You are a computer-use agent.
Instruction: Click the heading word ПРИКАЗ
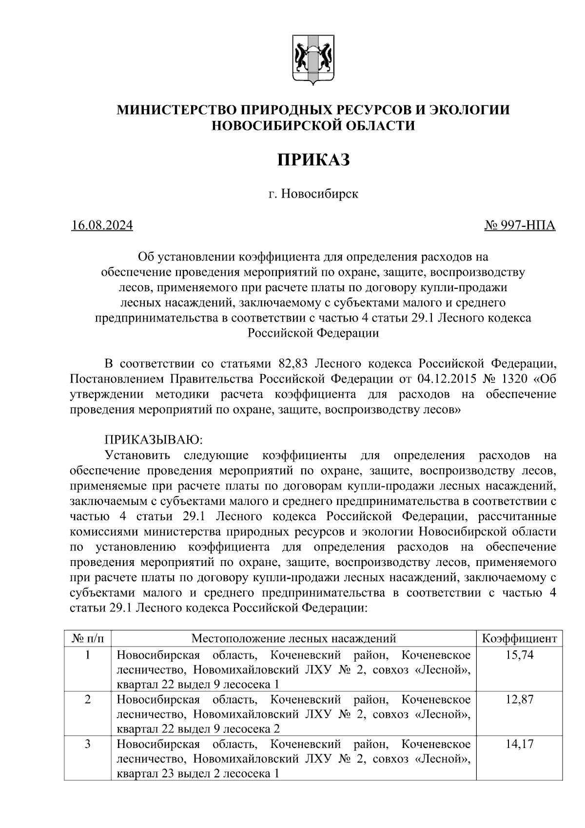click(313, 160)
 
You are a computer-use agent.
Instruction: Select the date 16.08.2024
click(102, 226)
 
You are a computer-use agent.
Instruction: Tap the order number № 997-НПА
click(520, 226)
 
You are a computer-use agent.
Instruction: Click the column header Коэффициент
click(519, 638)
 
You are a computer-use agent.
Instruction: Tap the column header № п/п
click(88, 638)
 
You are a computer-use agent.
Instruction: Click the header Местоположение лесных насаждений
click(293, 638)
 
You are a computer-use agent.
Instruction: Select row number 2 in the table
click(88, 699)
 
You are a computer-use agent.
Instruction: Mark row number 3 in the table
click(88, 744)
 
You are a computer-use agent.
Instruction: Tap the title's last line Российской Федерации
click(313, 333)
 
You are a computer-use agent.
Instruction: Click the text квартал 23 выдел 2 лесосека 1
click(198, 774)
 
